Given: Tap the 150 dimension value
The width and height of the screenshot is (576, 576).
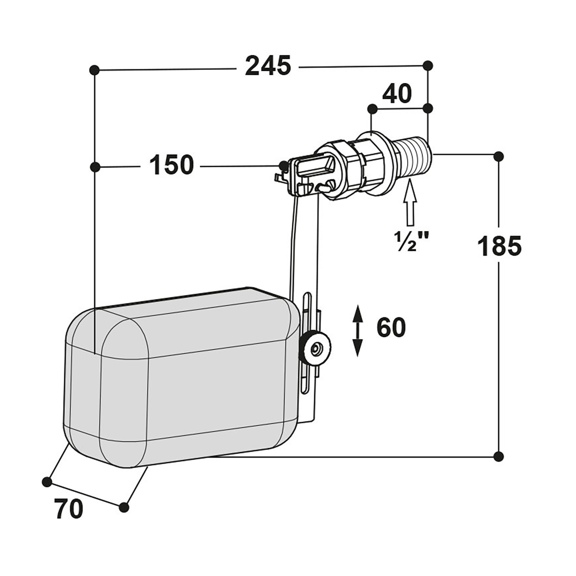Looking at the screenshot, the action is pos(171,165).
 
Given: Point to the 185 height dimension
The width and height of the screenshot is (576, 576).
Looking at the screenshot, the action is pos(499,246).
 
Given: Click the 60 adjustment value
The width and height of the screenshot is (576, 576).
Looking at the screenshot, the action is pos(391,327).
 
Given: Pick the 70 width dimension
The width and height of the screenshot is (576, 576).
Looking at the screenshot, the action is pos(69,509).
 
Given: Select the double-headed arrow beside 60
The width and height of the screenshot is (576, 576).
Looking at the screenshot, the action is pos(357,331).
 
